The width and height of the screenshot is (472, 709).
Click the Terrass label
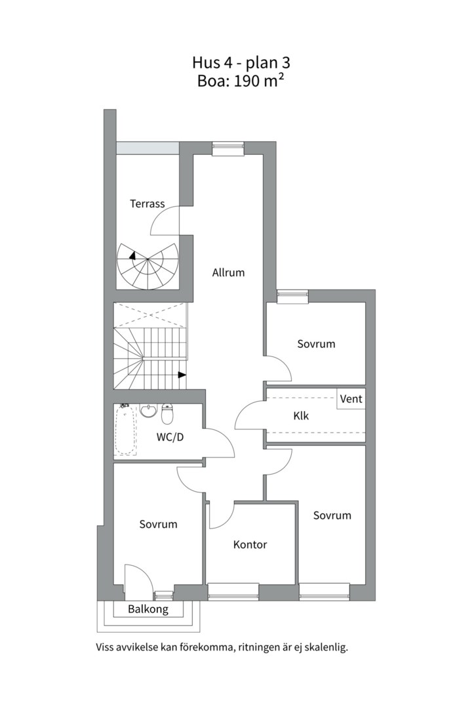[x=147, y=204]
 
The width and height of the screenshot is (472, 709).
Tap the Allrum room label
[x=229, y=272]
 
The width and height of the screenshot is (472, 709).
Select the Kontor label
[x=250, y=545]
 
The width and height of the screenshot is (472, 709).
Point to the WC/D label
[x=170, y=437]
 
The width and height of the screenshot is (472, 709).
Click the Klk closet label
[x=302, y=416]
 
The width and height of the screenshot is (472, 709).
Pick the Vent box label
[x=351, y=399]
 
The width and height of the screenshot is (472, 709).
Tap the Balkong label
[x=148, y=609]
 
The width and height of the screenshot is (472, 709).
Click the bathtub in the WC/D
[x=126, y=429]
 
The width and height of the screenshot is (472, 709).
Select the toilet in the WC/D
[x=167, y=414]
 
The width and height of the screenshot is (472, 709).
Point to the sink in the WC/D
[x=147, y=410]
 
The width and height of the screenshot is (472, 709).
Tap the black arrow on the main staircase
[x=182, y=374]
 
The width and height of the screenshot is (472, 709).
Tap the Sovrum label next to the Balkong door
[x=158, y=525]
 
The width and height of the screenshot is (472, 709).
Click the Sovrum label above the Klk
[x=316, y=344]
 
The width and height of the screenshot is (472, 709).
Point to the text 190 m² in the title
[x=259, y=81]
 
